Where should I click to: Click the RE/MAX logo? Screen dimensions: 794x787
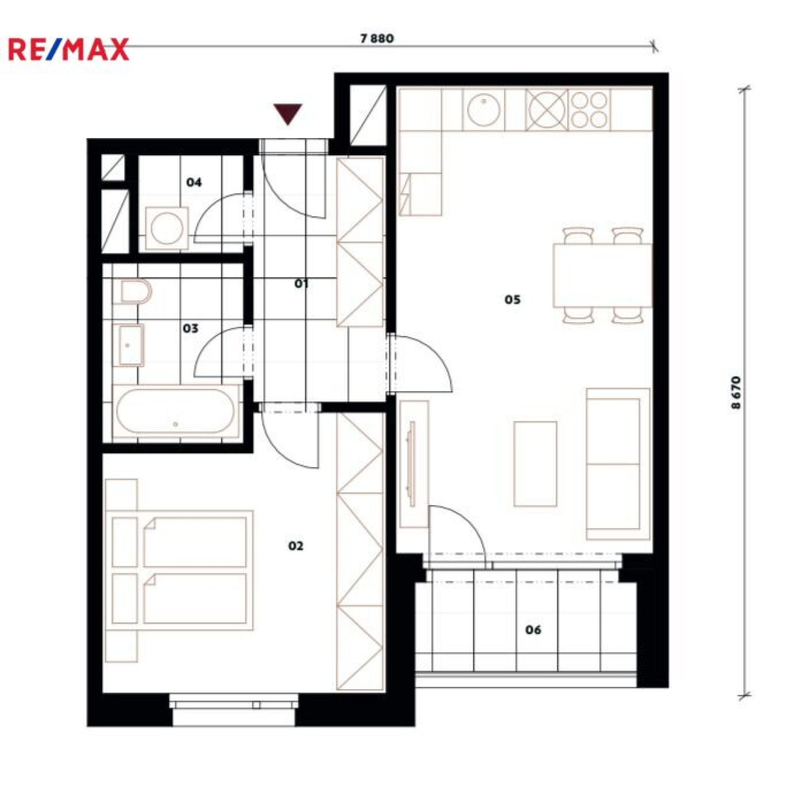(68, 49)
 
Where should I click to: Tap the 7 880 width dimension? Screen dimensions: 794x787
(377, 38)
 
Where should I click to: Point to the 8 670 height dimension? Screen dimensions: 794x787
(736, 393)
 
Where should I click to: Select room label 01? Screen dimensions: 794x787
(301, 283)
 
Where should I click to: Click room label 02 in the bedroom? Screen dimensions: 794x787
(296, 546)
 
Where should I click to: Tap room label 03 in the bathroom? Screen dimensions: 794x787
(191, 328)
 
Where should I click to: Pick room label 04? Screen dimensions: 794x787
(194, 182)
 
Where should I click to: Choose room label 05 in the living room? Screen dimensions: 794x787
(512, 300)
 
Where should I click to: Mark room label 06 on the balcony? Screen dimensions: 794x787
(533, 630)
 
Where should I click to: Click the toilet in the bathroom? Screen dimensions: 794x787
(135, 292)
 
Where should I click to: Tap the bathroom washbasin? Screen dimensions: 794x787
(128, 345)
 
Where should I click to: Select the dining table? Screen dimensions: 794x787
(603, 275)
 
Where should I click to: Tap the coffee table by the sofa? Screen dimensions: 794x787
(535, 464)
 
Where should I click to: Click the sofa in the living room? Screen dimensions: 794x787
(618, 464)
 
